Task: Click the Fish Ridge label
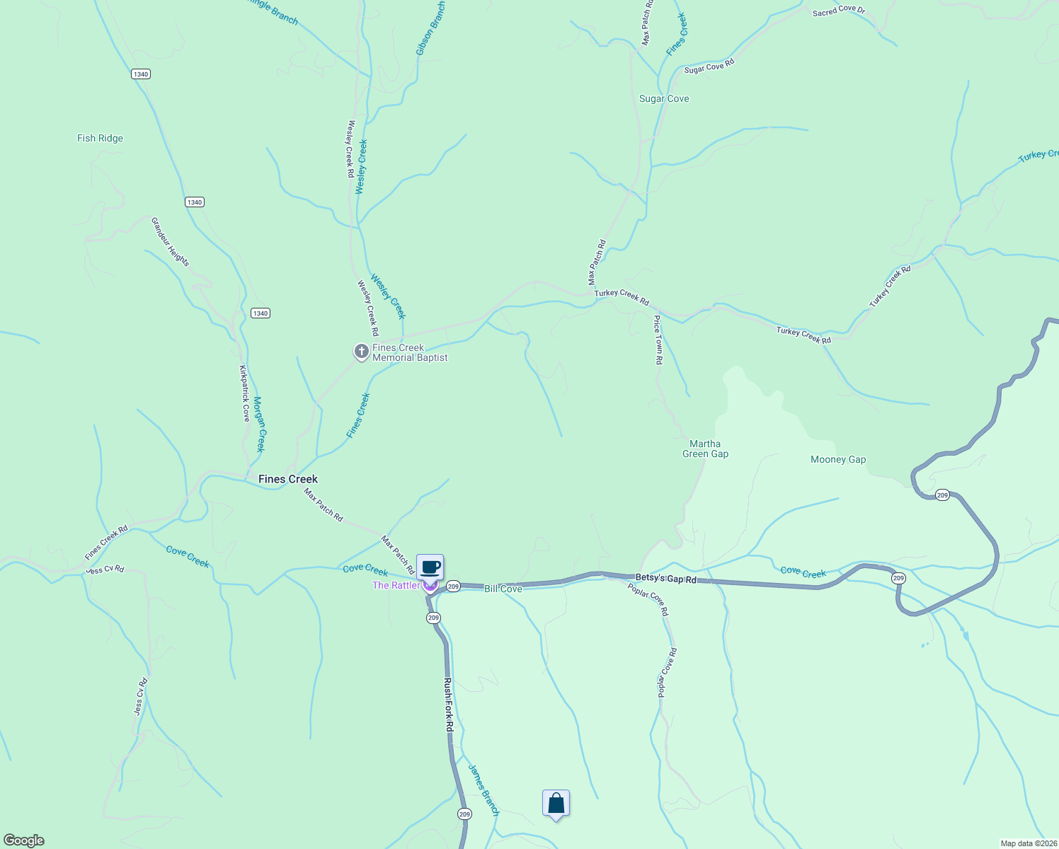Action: coord(100,138)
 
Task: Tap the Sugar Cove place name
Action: coord(664,99)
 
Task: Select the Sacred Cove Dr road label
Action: coord(839,11)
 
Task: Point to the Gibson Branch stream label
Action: coord(430,28)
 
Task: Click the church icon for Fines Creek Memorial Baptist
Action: coord(361,351)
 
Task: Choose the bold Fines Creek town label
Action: coord(288,479)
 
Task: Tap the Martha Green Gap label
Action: coord(705,449)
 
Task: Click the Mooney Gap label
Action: coord(838,460)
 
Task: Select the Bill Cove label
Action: coord(503,589)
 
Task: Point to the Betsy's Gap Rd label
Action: coord(665,579)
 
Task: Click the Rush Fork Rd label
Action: coord(448,705)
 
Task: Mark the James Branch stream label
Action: coord(483,790)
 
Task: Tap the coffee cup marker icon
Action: coord(430,567)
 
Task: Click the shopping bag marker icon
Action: coord(556,803)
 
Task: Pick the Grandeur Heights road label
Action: coord(170,242)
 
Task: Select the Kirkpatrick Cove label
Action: coord(244,393)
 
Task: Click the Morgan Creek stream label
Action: coord(259,424)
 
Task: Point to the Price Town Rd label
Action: coord(658,340)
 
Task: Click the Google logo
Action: coord(24,841)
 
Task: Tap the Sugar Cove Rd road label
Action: coord(709,66)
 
